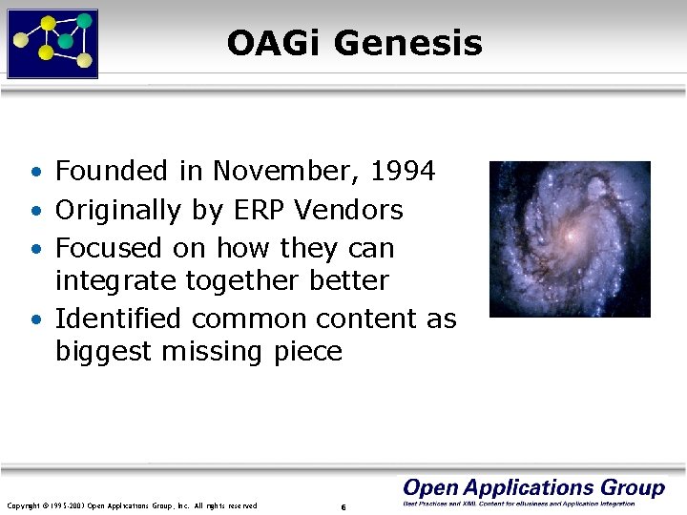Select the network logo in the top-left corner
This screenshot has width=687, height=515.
(x=52, y=43)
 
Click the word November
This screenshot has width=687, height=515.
(x=286, y=172)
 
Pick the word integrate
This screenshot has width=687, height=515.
(x=114, y=281)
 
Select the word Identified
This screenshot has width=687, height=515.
(x=116, y=319)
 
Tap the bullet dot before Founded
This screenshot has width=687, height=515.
(x=34, y=174)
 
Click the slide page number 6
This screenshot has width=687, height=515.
(x=343, y=506)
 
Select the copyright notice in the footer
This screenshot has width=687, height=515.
(x=132, y=505)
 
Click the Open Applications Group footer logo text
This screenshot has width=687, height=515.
(x=533, y=488)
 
